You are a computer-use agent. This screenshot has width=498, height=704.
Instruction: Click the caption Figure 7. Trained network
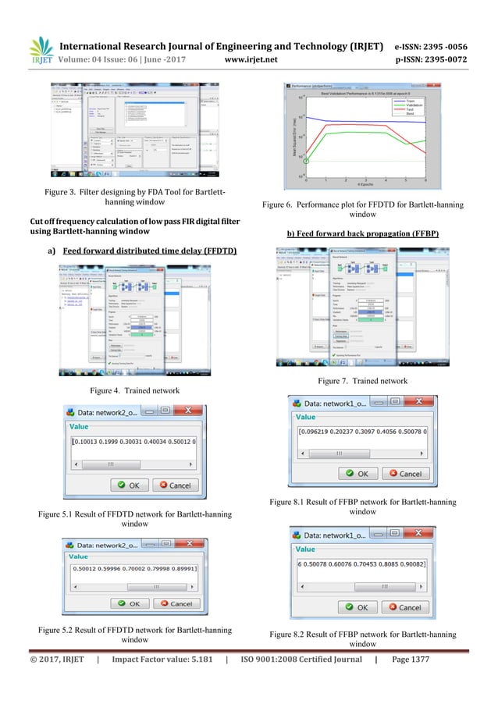[x=362, y=381]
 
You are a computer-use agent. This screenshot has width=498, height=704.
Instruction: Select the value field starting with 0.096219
[x=363, y=431]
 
